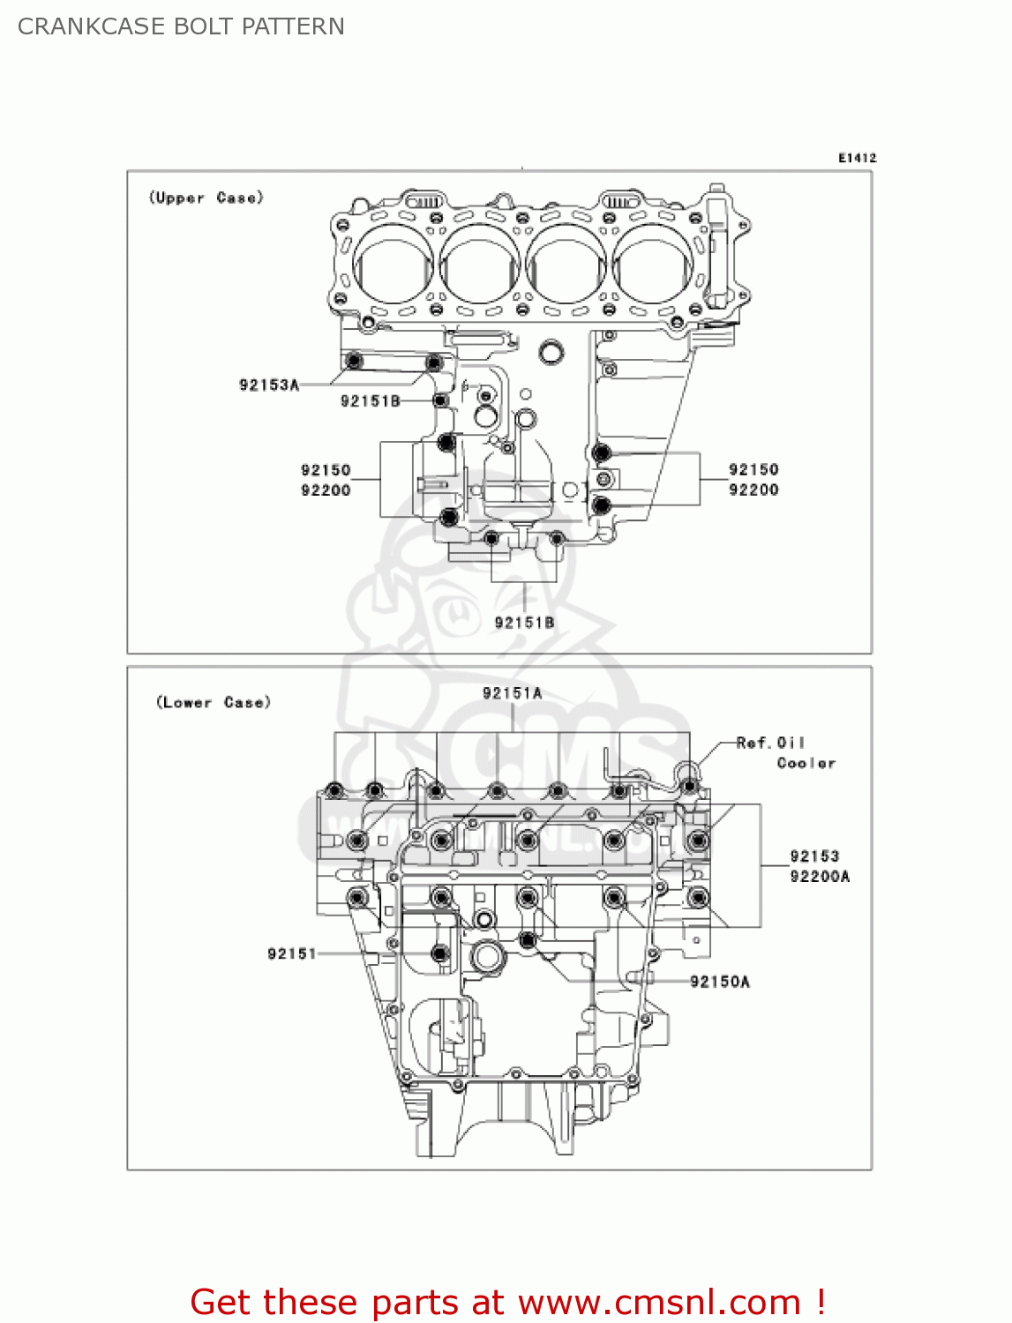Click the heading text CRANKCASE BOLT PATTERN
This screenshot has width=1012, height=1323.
[181, 26]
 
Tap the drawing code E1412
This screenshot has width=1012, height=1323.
[857, 158]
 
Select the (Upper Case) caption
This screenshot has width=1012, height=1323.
[206, 198]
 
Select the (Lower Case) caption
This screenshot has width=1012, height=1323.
[213, 702]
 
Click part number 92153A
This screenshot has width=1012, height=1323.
[269, 385]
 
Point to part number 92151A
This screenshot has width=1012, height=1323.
[512, 693]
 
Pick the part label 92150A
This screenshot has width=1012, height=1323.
[719, 982]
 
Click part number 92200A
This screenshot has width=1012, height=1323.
[820, 876]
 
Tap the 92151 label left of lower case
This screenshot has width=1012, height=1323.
[291, 953]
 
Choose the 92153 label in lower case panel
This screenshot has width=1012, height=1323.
[814, 856]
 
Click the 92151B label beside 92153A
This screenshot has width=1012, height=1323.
[371, 401]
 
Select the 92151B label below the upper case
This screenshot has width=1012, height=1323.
[524, 623]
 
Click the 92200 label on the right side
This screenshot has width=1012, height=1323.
[753, 490]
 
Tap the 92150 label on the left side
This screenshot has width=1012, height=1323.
[326, 470]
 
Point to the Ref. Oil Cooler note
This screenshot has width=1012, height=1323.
[785, 752]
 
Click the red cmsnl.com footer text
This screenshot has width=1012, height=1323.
[507, 1302]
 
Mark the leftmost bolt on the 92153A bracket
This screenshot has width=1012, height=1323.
[354, 362]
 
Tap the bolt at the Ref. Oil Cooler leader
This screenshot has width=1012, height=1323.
[689, 784]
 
